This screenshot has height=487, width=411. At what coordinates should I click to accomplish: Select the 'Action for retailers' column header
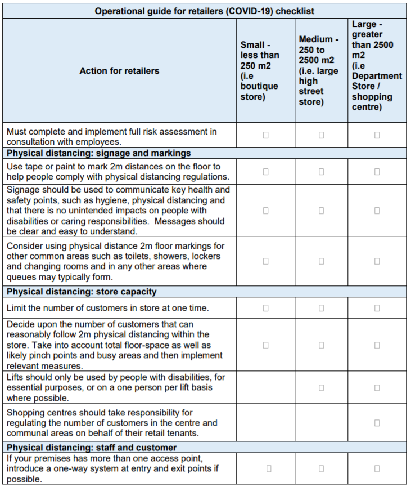click(119, 71)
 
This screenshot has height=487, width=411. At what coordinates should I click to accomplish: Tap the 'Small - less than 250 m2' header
click(259, 70)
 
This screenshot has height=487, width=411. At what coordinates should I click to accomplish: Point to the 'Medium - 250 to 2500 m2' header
click(319, 70)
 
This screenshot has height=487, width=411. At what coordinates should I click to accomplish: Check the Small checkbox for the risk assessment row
click(266, 135)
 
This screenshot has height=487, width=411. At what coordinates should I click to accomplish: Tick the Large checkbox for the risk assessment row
click(377, 135)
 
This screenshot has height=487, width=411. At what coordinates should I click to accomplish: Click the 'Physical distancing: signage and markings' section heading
click(99, 153)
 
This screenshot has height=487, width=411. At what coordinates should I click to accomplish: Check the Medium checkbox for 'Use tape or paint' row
click(321, 171)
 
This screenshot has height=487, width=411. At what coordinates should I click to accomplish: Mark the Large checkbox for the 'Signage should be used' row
click(377, 211)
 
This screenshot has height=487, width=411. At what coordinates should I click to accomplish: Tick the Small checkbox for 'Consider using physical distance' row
click(266, 261)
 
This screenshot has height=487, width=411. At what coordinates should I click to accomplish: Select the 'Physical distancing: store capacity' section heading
click(82, 292)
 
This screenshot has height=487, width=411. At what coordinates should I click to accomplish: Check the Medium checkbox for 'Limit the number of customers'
click(321, 308)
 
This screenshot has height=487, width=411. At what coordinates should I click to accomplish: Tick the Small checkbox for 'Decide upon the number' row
click(266, 345)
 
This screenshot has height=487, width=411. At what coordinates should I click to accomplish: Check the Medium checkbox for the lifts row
click(321, 387)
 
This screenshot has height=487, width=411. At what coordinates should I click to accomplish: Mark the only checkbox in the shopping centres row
click(377, 423)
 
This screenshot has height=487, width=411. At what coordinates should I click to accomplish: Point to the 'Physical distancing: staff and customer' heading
click(92, 448)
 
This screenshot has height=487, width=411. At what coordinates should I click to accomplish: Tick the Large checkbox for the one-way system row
click(377, 468)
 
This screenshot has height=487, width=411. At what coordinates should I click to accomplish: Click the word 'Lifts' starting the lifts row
click(15, 377)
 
